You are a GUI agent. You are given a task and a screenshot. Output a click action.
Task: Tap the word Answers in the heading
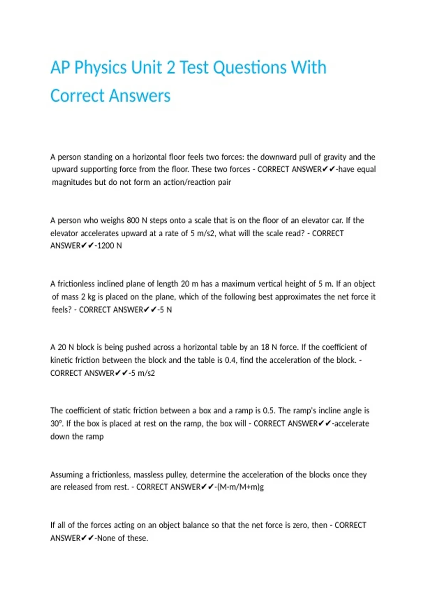(x=140, y=96)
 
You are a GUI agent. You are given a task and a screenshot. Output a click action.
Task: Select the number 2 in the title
(x=171, y=68)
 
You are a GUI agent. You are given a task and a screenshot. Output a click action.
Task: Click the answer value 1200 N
(x=110, y=246)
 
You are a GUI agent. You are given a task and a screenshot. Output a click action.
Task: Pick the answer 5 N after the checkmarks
(x=166, y=310)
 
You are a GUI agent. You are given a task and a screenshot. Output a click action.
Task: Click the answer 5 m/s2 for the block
(x=143, y=373)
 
